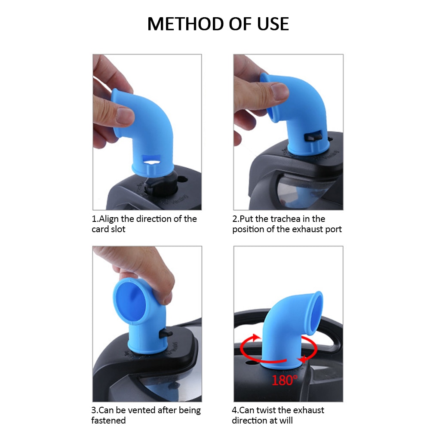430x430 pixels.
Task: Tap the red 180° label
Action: click(x=284, y=380)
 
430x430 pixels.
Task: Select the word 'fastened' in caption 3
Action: click(x=108, y=420)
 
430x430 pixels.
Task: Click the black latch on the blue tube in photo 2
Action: click(x=310, y=137)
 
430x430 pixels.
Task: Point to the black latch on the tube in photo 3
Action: click(x=166, y=333)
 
